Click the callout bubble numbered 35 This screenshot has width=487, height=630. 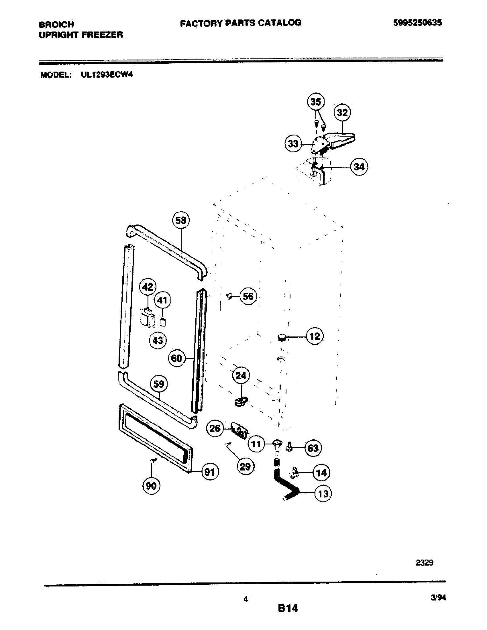[x=316, y=102]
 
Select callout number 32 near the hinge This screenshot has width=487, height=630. [x=342, y=113]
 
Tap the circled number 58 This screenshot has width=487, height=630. [x=181, y=220]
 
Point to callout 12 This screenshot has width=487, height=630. [x=315, y=336]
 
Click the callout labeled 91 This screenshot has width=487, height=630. [x=210, y=472]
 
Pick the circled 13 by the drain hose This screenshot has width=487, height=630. [x=323, y=494]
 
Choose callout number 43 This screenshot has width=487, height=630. [x=158, y=341]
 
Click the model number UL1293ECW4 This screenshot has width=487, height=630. [x=107, y=75]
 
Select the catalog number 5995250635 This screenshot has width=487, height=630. [x=417, y=23]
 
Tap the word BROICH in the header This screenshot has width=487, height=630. [x=56, y=25]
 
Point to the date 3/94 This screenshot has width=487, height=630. [x=438, y=598]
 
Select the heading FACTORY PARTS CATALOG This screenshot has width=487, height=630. [x=241, y=23]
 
